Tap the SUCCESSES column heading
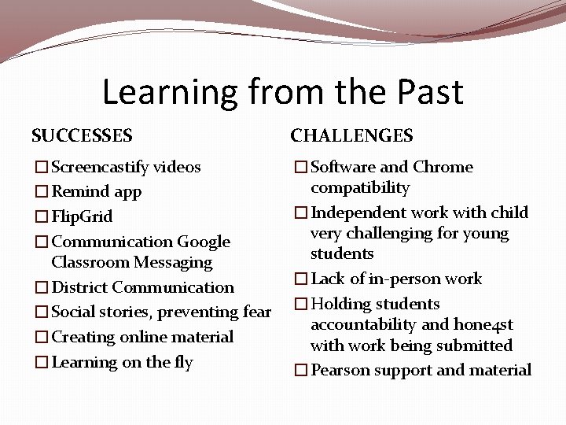coord(82,135)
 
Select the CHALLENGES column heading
coord(351,135)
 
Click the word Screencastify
coord(100,167)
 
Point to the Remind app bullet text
coord(96,191)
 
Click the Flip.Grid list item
coord(82,216)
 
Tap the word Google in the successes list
coord(204,242)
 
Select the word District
coord(79,287)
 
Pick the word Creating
coord(83,337)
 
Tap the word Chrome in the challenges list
coord(443,167)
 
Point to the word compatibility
coord(360,187)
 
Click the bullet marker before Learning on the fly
coord(40,363)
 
